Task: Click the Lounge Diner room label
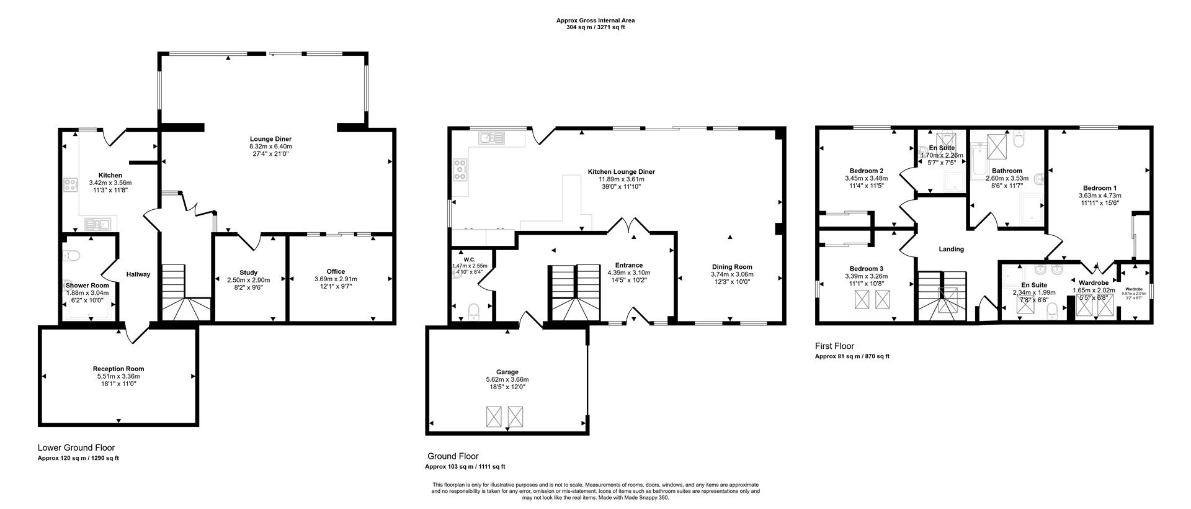tap(270, 139)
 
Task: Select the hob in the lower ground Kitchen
tap(70, 184)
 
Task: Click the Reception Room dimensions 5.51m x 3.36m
tap(118, 376)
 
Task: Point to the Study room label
tap(248, 273)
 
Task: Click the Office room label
tap(336, 271)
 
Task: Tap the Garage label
tap(507, 372)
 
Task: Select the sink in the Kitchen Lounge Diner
tap(494, 137)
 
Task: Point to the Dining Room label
tap(732, 266)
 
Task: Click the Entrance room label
tap(628, 265)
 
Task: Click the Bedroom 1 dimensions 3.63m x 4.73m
tap(1099, 196)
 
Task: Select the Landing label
tap(951, 249)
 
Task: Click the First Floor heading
tap(834, 346)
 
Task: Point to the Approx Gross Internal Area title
tap(595, 20)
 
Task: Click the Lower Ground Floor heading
tap(76, 448)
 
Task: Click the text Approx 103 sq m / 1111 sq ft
tap(465, 467)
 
